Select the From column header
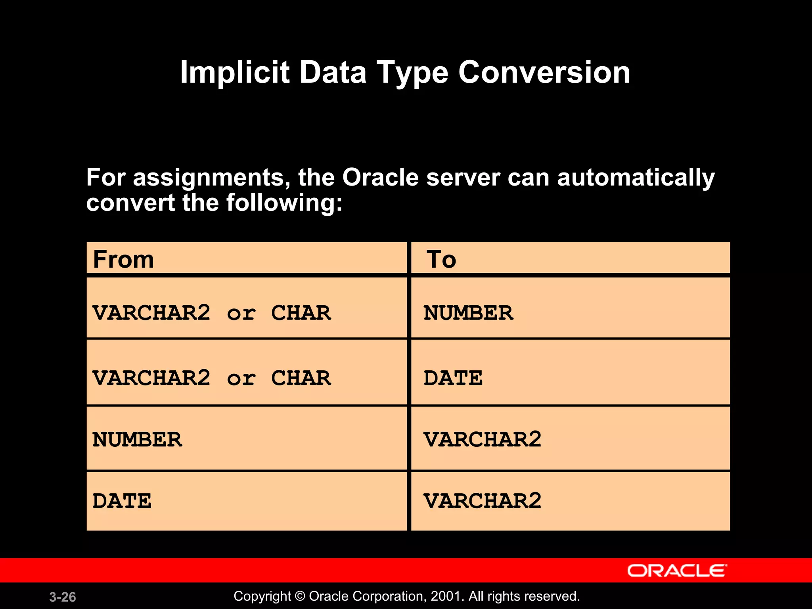pyautogui.click(x=123, y=260)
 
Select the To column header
pyautogui.click(x=441, y=260)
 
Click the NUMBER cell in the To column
pyautogui.click(x=468, y=313)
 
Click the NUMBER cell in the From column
pyautogui.click(x=137, y=440)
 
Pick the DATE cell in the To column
pyautogui.click(x=453, y=378)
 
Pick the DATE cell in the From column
pyautogui.click(x=122, y=501)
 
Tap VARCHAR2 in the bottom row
pyautogui.click(x=482, y=501)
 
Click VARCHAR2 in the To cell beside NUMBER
pyautogui.click(x=482, y=439)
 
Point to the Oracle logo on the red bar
pyautogui.click(x=677, y=571)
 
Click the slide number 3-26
pyautogui.click(x=63, y=597)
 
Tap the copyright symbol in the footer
pyautogui.click(x=300, y=596)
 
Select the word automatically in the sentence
pyautogui.click(x=636, y=177)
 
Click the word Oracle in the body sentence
pyautogui.click(x=380, y=177)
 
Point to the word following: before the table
pyautogui.click(x=284, y=203)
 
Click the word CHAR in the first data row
pyautogui.click(x=301, y=313)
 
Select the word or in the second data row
pyautogui.click(x=241, y=378)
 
